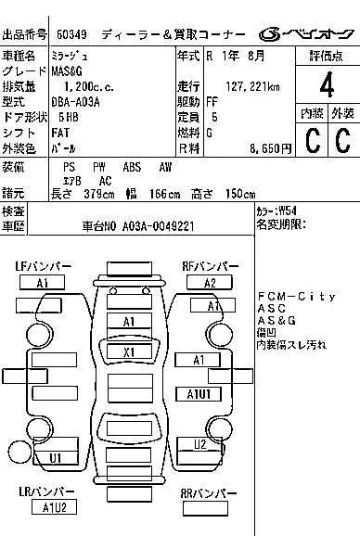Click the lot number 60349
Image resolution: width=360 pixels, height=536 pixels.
click(x=71, y=34)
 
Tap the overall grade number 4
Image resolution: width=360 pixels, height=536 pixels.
click(x=327, y=84)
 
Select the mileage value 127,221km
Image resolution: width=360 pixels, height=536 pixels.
click(x=252, y=86)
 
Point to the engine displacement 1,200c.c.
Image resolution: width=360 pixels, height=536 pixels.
click(x=89, y=86)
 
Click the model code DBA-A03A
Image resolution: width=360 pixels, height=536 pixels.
click(x=75, y=102)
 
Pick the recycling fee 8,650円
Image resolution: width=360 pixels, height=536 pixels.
click(x=270, y=148)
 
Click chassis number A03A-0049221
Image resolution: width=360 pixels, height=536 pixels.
click(x=159, y=226)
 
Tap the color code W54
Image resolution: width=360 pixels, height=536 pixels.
click(x=288, y=211)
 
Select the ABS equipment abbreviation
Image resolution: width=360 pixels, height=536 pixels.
click(x=132, y=167)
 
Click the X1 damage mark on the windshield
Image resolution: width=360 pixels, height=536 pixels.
click(x=129, y=352)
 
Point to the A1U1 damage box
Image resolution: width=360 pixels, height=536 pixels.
click(x=199, y=394)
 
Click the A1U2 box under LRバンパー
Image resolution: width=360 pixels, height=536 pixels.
click(x=54, y=507)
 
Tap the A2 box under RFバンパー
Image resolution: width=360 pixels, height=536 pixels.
click(x=210, y=283)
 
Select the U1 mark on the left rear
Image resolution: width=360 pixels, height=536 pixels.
click(x=56, y=458)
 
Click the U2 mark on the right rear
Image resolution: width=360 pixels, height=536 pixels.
click(x=200, y=444)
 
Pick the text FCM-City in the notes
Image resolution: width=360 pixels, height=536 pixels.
click(x=296, y=296)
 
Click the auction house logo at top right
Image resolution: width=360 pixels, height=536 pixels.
click(x=306, y=33)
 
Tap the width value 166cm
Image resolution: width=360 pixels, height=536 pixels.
click(x=164, y=194)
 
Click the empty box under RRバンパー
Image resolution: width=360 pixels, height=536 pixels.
click(x=205, y=508)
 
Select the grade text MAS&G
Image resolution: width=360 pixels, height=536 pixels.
click(x=67, y=71)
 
